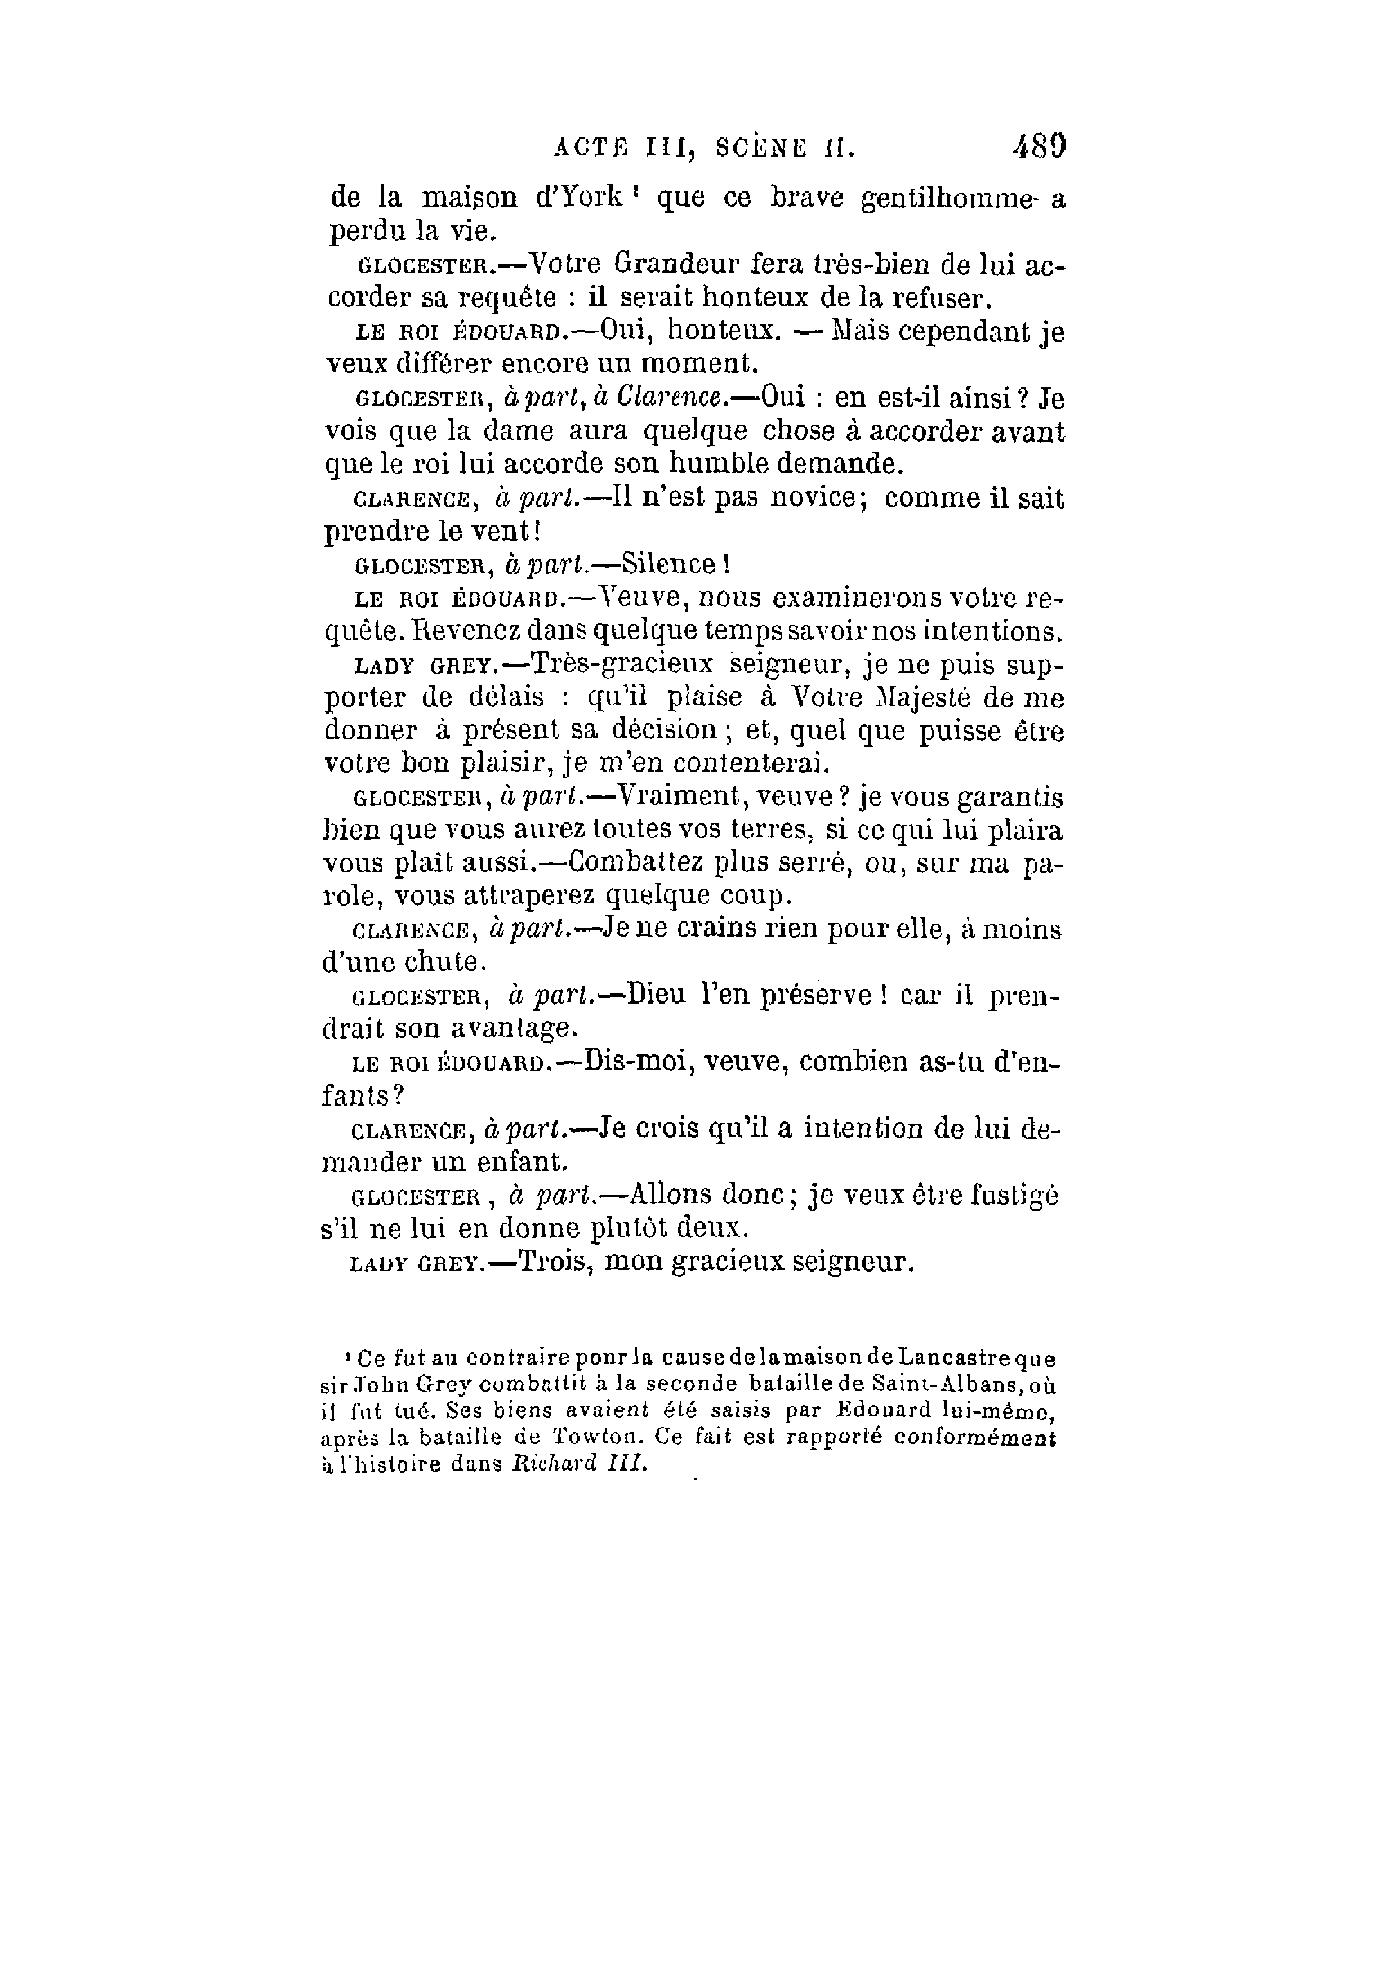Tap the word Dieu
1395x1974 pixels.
[656, 996]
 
